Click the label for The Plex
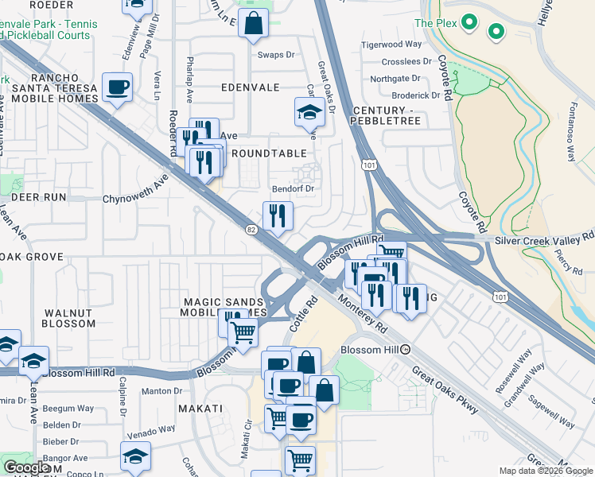pos(435,23)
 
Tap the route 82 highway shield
pos(251,230)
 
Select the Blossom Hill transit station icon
pos(406,349)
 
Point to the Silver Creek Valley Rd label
pos(544,238)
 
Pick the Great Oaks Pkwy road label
pos(445,390)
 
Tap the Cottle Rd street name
pos(303,315)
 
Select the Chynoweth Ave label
pos(136,188)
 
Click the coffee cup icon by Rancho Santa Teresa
pos(118,87)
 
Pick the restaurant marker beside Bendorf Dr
pos(278,216)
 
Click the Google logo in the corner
pos(26,467)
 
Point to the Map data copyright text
pos(545,471)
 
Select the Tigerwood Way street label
pos(391,45)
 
